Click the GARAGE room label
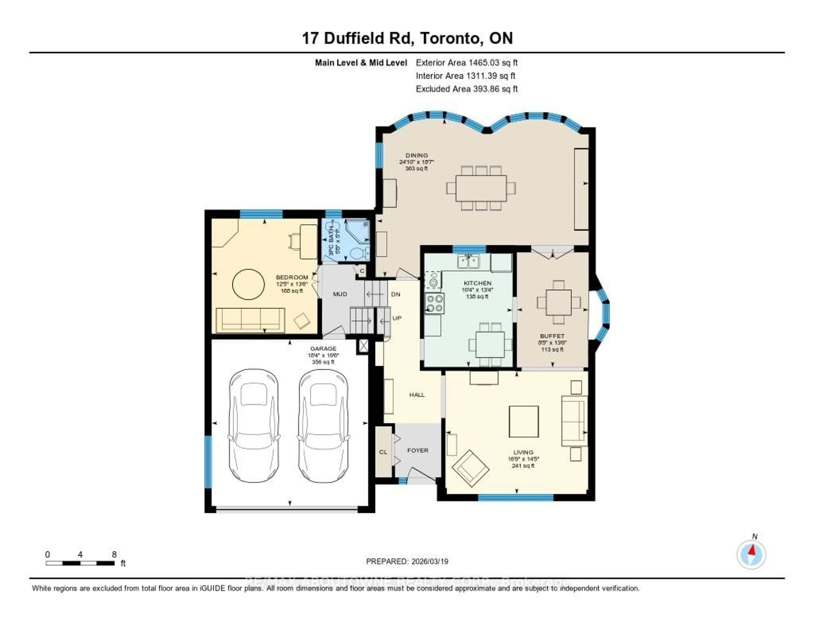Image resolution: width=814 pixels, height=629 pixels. pyautogui.click(x=323, y=349)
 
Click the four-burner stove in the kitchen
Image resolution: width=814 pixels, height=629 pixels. pyautogui.click(x=435, y=303)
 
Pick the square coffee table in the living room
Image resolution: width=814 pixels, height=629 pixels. pyautogui.click(x=524, y=421)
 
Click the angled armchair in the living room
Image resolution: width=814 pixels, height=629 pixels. pyautogui.click(x=470, y=468)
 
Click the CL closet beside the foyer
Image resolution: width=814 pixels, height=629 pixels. pyautogui.click(x=383, y=452)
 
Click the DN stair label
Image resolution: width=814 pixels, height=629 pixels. pyautogui.click(x=395, y=294)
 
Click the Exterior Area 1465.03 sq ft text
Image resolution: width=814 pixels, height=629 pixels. pyautogui.click(x=467, y=63)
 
